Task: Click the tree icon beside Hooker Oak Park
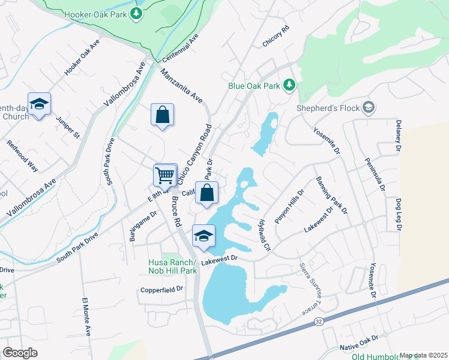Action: [x=137, y=13]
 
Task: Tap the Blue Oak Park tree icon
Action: [x=290, y=85]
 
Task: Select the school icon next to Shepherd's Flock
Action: [x=369, y=108]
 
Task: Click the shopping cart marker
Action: [x=165, y=175]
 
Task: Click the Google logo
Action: [x=20, y=353]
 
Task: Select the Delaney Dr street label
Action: [x=398, y=134]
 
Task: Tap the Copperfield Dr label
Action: [x=161, y=289]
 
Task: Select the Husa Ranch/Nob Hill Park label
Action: [x=172, y=266]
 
